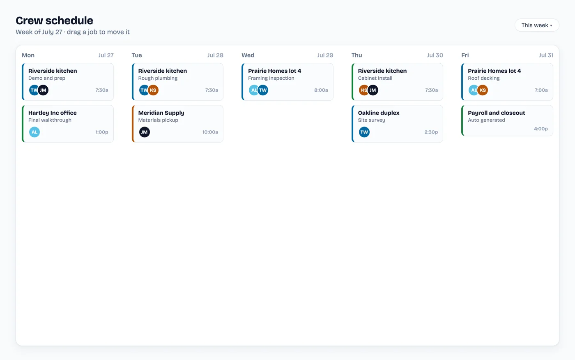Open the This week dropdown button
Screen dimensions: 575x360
537,25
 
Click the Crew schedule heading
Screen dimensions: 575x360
54,21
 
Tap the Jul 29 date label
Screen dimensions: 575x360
325,55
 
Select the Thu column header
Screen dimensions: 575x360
356,55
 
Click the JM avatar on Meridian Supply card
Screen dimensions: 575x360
145,132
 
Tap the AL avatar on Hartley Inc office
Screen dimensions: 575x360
34,132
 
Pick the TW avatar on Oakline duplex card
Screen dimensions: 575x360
364,132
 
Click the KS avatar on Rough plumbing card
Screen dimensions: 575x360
153,90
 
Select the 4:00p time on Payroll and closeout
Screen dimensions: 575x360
540,129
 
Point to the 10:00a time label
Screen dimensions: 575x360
210,132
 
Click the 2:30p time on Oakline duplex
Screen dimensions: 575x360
431,132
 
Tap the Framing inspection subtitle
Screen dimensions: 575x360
271,78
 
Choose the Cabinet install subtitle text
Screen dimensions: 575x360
375,78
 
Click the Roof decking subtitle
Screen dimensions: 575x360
484,78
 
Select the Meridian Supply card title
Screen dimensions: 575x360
161,113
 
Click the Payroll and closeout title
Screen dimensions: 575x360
496,113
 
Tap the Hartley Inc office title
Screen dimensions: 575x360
53,113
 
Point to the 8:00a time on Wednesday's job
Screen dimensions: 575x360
321,90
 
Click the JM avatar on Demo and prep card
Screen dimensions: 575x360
43,90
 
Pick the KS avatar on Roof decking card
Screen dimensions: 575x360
483,90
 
